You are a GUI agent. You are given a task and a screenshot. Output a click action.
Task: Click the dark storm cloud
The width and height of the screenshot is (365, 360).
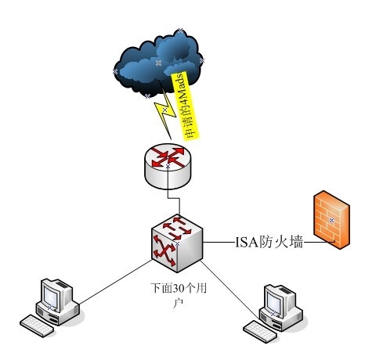[158, 64]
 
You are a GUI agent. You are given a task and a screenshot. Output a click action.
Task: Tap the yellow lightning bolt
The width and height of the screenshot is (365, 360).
[164, 112]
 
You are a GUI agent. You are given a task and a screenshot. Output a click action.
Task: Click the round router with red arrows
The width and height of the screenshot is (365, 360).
[168, 166]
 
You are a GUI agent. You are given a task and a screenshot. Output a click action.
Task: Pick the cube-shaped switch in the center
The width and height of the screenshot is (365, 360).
[177, 244]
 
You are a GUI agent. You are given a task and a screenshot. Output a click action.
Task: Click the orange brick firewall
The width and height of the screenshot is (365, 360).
[331, 220]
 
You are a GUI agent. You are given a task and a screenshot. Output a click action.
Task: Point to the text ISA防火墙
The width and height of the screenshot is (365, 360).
[269, 243]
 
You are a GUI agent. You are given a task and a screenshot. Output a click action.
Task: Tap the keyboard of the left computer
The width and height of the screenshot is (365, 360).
[37, 326]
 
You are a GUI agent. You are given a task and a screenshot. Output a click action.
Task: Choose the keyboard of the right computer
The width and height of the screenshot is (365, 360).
[260, 331]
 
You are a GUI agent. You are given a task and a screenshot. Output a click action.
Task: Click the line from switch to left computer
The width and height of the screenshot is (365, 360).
[115, 282]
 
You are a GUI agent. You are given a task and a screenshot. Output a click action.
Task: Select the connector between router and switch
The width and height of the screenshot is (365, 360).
[174, 198]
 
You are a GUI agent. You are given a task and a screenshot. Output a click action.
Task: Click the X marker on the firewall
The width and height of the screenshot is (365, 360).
[331, 221]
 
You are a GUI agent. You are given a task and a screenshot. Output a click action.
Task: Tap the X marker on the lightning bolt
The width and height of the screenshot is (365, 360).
[164, 110]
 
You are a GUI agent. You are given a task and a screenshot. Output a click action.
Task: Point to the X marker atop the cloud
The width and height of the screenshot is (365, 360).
[180, 31]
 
